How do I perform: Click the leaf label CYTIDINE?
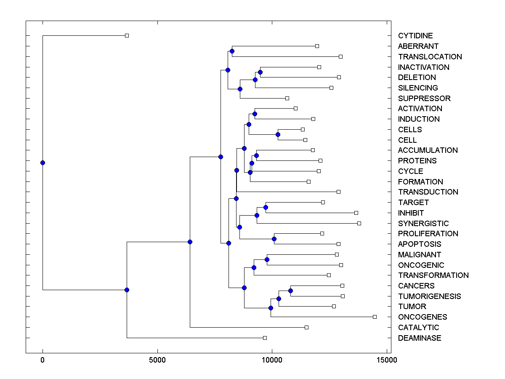pyautogui.click(x=415, y=36)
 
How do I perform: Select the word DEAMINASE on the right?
pyautogui.click(x=420, y=338)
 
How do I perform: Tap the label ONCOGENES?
pyautogui.click(x=423, y=317)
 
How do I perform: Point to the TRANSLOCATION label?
pyautogui.click(x=430, y=57)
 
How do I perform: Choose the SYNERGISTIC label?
pyautogui.click(x=423, y=224)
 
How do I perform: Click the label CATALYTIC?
pyautogui.click(x=418, y=328)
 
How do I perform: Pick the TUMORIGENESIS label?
pyautogui.click(x=429, y=296)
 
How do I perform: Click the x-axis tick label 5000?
pyautogui.click(x=157, y=360)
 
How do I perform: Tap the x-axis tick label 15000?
pyautogui.click(x=387, y=360)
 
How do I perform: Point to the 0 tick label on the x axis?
pyautogui.click(x=43, y=360)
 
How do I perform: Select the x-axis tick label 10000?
pyautogui.click(x=272, y=360)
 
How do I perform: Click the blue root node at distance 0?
pyautogui.click(x=43, y=163)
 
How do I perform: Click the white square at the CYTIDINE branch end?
pyautogui.click(x=127, y=35)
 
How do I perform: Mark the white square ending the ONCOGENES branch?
pyautogui.click(x=375, y=317)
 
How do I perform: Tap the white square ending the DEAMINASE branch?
pyautogui.click(x=265, y=338)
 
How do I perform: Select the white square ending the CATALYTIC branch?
pyautogui.click(x=306, y=327)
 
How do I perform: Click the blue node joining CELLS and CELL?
pyautogui.click(x=278, y=135)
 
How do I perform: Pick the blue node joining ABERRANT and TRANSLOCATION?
pyautogui.click(x=232, y=51)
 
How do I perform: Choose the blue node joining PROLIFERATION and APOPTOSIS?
pyautogui.click(x=274, y=239)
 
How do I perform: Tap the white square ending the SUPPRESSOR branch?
pyautogui.click(x=287, y=98)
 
